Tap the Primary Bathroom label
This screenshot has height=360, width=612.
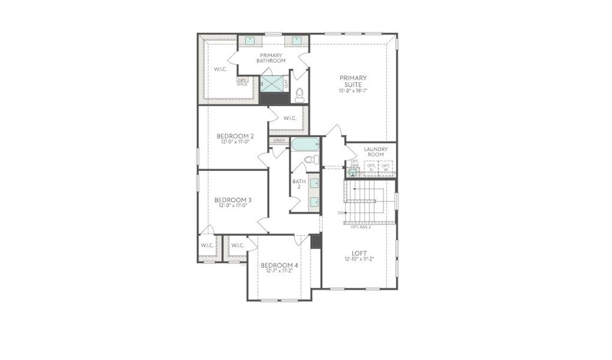click(271, 58)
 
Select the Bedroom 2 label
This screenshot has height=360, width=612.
click(235, 136)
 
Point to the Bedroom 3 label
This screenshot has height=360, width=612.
click(233, 200)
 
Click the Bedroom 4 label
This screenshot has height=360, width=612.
click(279, 265)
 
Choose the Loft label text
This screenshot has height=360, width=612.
click(360, 253)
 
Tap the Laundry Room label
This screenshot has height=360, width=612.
click(376, 152)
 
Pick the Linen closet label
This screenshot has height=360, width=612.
click(279, 140)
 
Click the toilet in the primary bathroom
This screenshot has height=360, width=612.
click(299, 95)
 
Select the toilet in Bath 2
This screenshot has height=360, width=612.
click(311, 160)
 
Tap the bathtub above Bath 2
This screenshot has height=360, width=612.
click(306, 145)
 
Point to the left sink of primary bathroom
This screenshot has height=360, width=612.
click(250, 41)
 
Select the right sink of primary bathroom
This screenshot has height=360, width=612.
click(296, 41)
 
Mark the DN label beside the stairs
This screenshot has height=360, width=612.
click(341, 213)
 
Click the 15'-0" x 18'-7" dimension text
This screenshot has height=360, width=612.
click(353, 91)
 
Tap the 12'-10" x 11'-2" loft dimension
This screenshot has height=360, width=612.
click(360, 259)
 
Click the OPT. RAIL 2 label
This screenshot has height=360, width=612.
click(360, 227)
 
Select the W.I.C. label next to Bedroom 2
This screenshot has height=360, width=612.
click(289, 118)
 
